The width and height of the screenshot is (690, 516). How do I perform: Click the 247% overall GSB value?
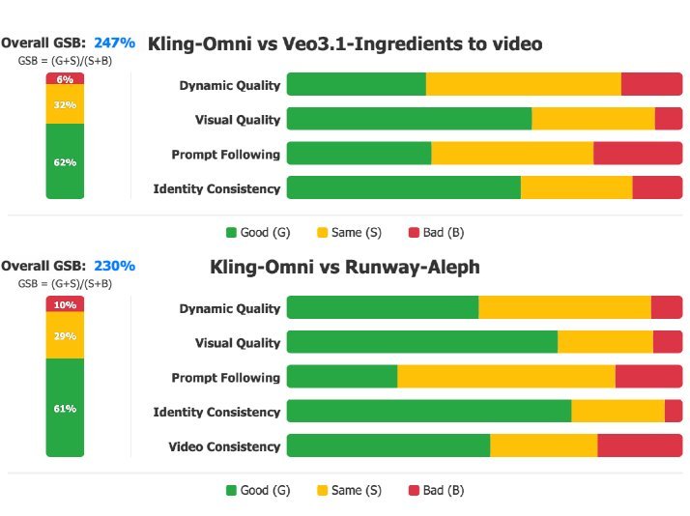tap(114, 43)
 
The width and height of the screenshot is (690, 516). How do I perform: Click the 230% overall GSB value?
tap(114, 266)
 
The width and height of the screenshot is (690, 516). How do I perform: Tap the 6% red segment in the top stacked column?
tap(65, 79)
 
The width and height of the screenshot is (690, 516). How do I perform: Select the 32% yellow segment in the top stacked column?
tap(65, 104)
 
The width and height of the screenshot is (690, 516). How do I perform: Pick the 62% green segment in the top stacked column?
tap(65, 161)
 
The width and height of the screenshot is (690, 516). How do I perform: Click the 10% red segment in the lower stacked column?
tap(65, 304)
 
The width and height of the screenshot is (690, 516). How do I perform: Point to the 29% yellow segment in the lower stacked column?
tap(65, 335)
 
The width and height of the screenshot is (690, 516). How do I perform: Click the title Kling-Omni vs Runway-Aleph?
tap(344, 267)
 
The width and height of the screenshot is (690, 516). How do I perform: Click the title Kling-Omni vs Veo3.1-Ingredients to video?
tap(344, 43)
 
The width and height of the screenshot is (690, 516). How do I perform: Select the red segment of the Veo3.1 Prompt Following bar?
tap(637, 154)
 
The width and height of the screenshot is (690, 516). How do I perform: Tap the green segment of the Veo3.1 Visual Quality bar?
tap(409, 119)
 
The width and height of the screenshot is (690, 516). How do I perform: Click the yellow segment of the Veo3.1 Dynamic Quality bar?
tap(523, 85)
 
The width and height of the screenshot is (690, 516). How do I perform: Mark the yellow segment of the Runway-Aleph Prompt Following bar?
tap(505, 377)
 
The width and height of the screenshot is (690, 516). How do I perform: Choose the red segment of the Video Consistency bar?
tap(640, 445)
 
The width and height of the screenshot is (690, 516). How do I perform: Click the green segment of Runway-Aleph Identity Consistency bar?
tap(428, 412)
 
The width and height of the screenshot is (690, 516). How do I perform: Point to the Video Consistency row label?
tap(224, 446)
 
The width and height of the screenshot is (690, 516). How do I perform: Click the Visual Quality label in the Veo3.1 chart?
tap(237, 120)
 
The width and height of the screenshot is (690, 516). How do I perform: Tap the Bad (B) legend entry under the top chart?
tap(436, 233)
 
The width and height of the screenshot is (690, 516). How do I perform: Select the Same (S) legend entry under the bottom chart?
tap(349, 490)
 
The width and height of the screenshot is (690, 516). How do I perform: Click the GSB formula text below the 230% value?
tap(65, 284)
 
